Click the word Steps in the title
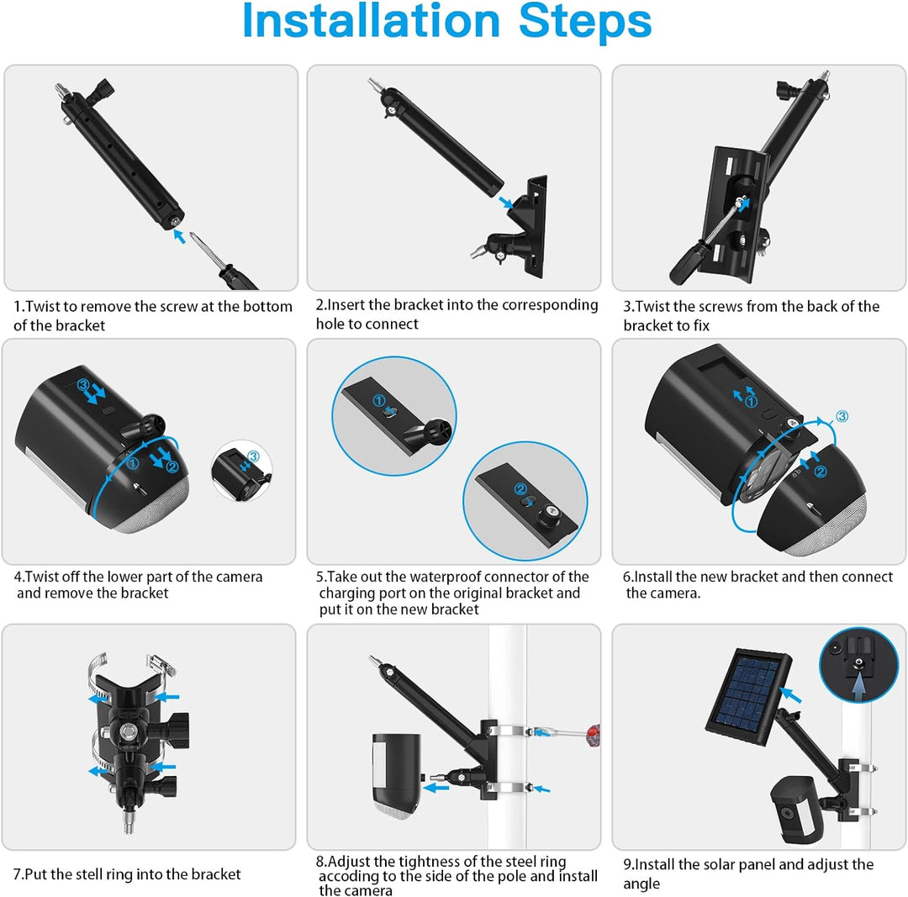[585, 24]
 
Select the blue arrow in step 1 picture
[178, 237]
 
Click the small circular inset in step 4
[240, 472]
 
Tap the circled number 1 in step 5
[379, 401]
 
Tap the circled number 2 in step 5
[520, 489]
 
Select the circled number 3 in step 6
[842, 415]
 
